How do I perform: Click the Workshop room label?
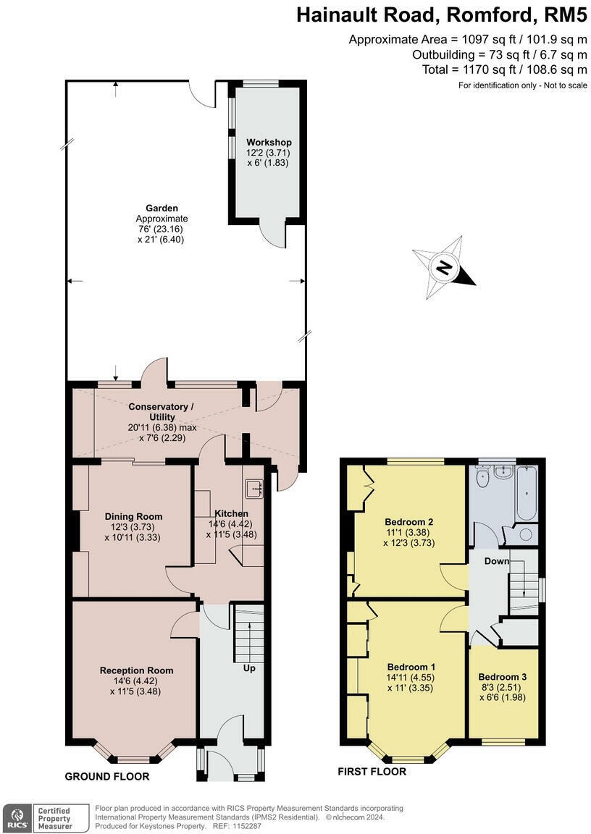click(269, 143)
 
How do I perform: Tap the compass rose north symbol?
click(445, 268)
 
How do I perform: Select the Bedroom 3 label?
click(502, 677)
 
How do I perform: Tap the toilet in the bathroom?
click(482, 477)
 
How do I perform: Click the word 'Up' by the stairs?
click(249, 668)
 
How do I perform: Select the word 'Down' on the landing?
click(496, 561)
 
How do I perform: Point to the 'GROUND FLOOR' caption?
click(107, 777)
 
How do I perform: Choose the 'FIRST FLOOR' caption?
click(372, 771)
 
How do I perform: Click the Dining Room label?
click(133, 516)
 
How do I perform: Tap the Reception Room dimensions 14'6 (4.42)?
click(135, 681)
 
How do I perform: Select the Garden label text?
click(162, 208)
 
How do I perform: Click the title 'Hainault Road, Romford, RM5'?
click(442, 15)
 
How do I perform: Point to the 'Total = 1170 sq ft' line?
click(505, 69)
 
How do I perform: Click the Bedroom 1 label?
click(411, 667)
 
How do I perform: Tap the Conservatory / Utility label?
click(162, 412)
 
